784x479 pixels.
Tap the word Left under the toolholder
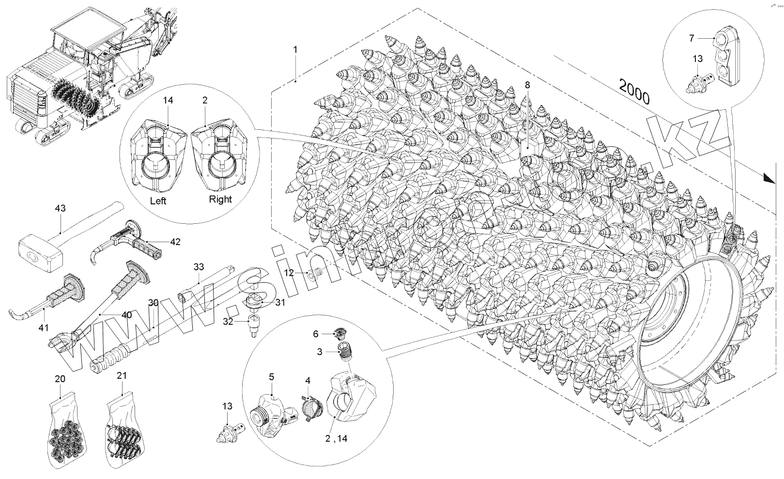click(x=158, y=200)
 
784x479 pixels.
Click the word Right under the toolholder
click(x=220, y=199)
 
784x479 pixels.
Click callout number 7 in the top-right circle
click(x=692, y=37)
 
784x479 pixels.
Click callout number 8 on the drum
click(x=527, y=85)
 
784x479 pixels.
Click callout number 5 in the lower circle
click(x=272, y=376)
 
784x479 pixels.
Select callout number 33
click(x=199, y=266)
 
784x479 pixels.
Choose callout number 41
click(x=44, y=328)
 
